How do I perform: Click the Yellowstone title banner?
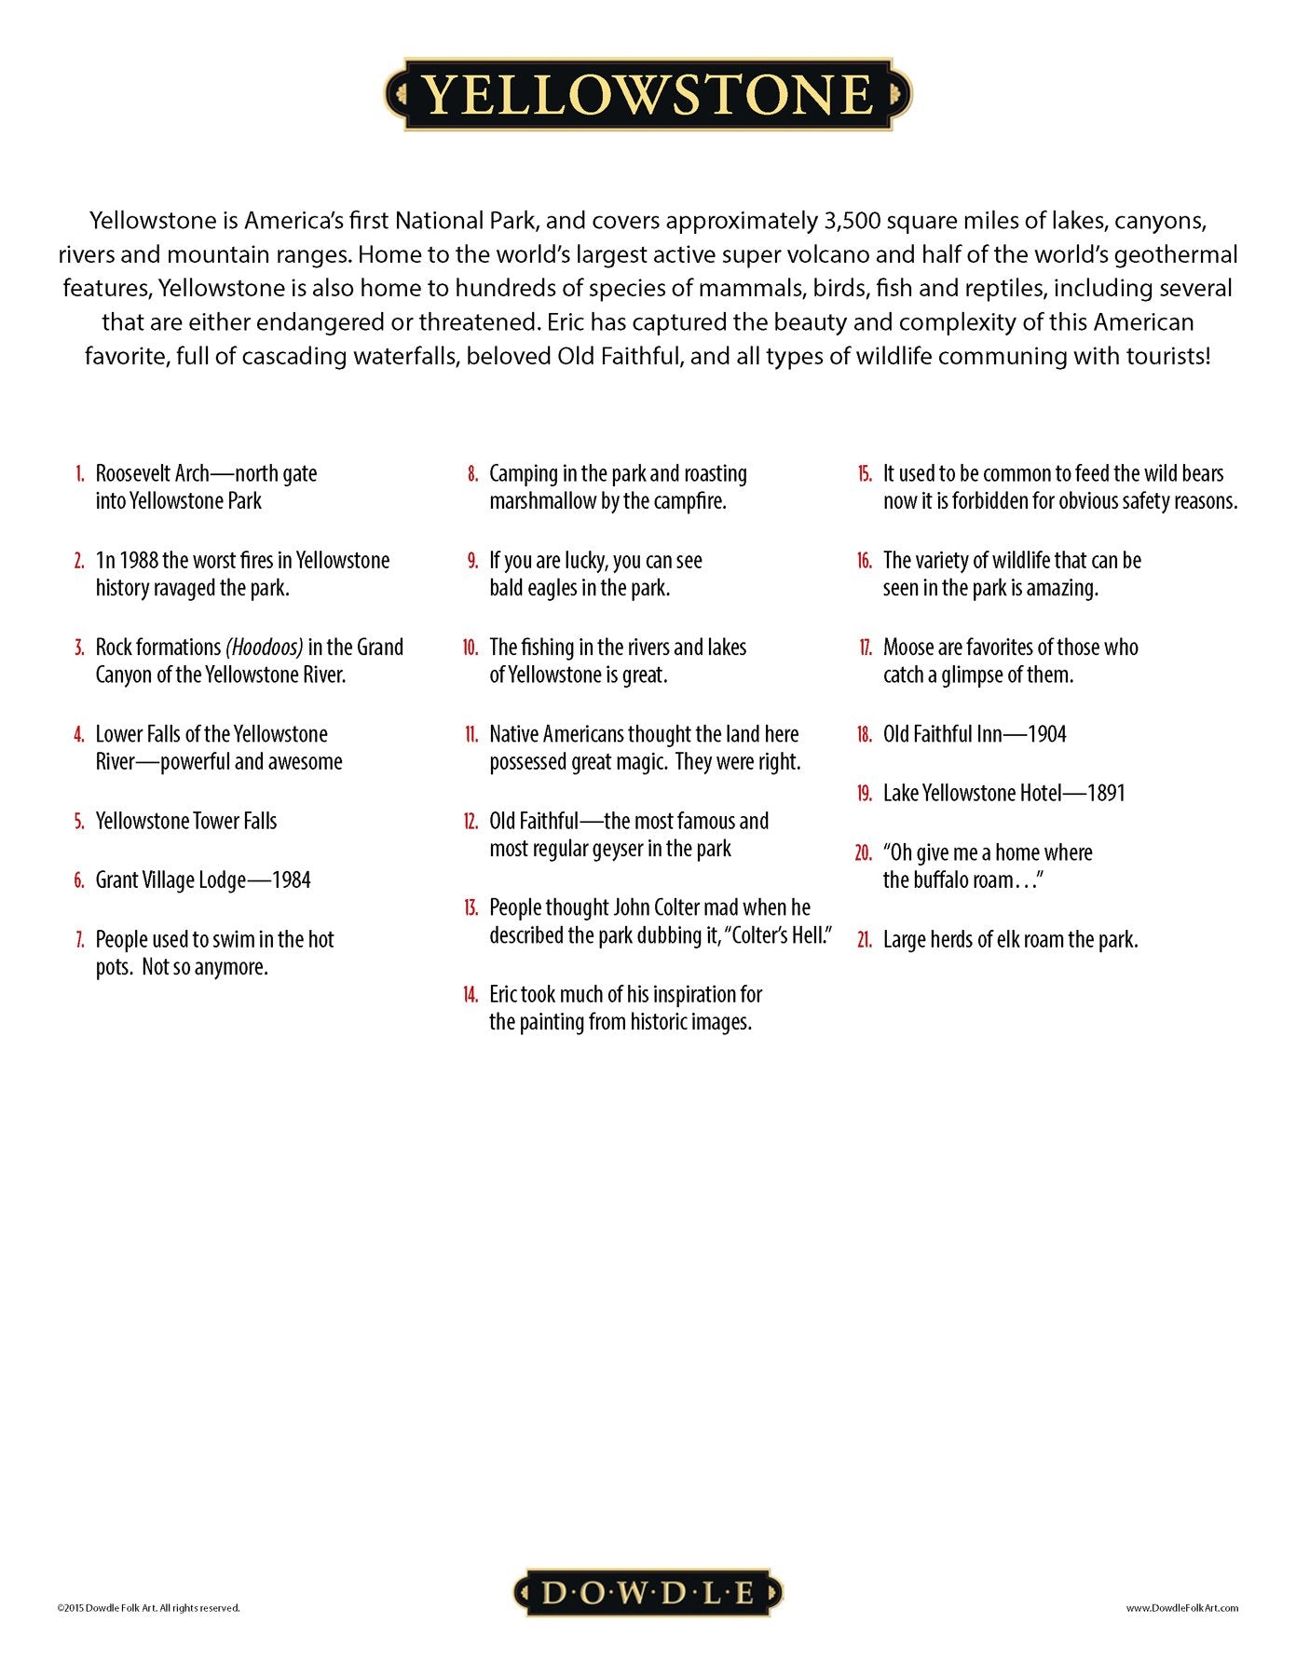[x=648, y=94]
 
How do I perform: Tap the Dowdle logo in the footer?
[x=648, y=1592]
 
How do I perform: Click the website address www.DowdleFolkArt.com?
[x=1181, y=1607]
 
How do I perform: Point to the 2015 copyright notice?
[x=148, y=1607]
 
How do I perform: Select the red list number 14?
[x=471, y=995]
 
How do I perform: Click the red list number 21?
[x=864, y=940]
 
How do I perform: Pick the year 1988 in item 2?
[x=127, y=561]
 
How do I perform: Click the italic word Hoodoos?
[x=265, y=648]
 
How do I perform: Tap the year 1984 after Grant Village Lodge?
[x=291, y=880]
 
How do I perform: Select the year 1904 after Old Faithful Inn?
[x=1046, y=734]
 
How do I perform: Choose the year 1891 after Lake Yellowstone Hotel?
[x=1106, y=793]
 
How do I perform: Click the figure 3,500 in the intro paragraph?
[x=852, y=222]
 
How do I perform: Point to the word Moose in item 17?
[x=908, y=648]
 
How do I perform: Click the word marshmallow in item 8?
[x=543, y=501]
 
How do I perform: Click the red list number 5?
[x=79, y=822]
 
